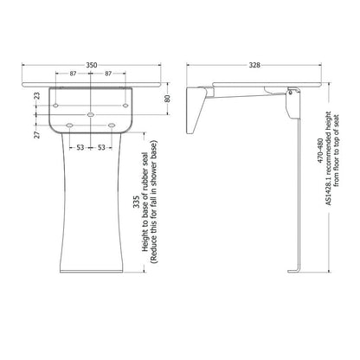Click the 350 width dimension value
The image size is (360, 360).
92,65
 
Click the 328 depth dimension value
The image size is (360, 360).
254,65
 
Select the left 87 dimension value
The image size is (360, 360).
73,74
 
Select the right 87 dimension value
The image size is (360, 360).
108,74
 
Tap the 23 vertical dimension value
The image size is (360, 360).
37,96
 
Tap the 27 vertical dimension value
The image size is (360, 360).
37,135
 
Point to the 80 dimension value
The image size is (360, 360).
167,99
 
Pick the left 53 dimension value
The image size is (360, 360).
80,148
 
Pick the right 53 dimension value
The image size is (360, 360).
101,148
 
